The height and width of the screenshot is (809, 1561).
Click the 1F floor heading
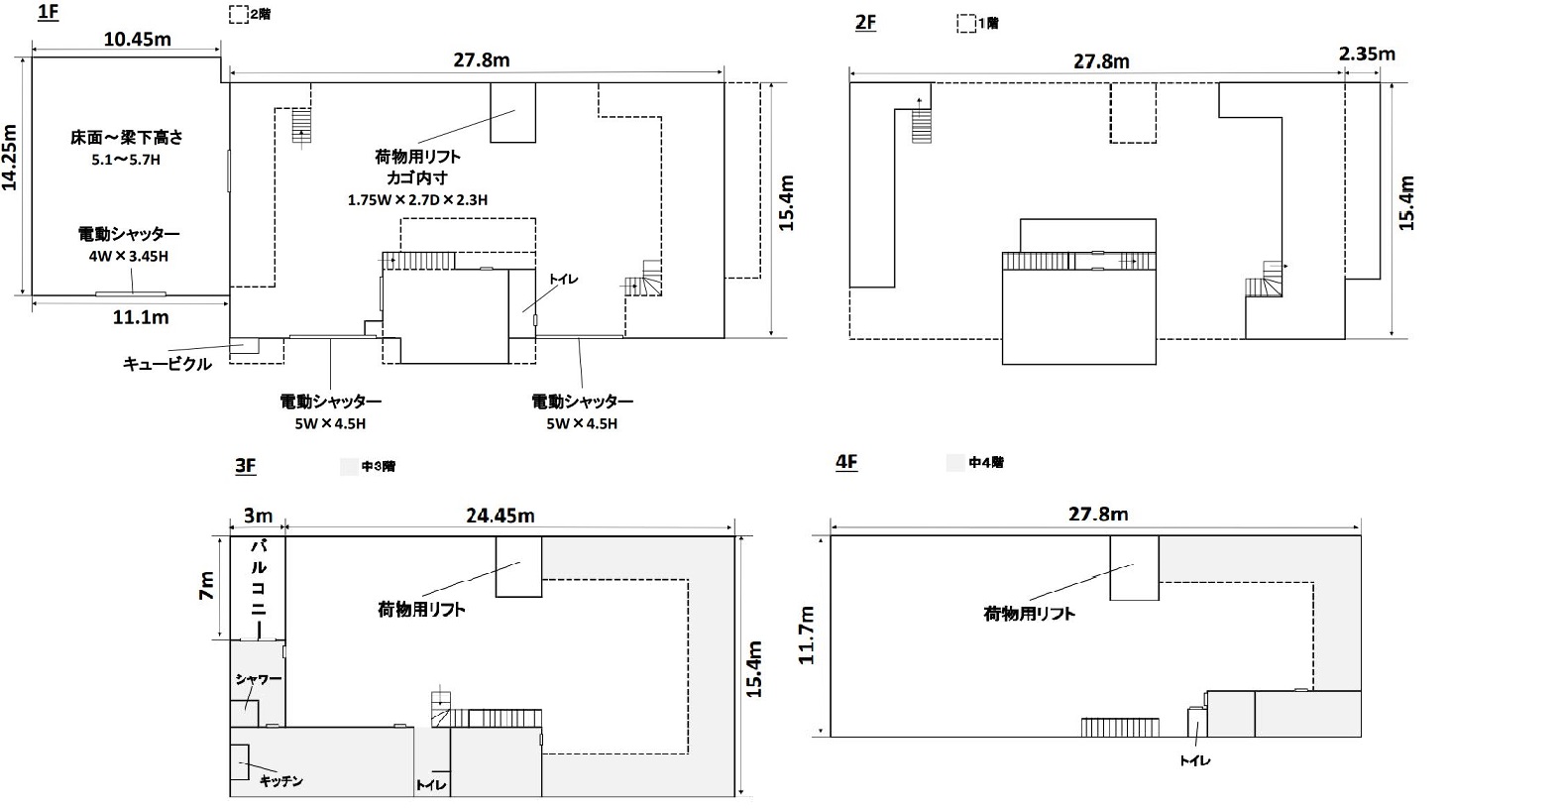[x=47, y=13]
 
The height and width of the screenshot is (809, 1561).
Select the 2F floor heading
[x=865, y=21]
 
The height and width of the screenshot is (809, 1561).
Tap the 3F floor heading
[x=246, y=465]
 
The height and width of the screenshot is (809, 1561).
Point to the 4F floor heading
[x=846, y=462]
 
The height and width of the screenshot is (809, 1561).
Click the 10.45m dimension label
[x=137, y=39]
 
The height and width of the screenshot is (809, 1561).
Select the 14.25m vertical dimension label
[x=10, y=157]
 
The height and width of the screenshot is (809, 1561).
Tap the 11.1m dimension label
[x=141, y=317]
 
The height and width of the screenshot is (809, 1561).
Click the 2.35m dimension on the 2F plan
[x=1367, y=54]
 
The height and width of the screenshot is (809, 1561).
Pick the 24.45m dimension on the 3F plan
[x=501, y=516]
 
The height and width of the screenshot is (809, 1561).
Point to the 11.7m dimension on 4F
[x=808, y=636]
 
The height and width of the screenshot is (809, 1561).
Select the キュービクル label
[x=167, y=364]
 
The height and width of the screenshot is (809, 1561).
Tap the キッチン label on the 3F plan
[x=280, y=781]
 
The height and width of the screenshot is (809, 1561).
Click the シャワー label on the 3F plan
[x=259, y=679]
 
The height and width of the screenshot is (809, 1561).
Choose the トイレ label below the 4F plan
[x=1194, y=760]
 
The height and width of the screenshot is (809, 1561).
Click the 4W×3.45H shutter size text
[x=129, y=257]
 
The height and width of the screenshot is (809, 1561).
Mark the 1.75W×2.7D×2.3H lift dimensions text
[x=417, y=199]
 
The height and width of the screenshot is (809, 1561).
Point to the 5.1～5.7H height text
[x=125, y=159]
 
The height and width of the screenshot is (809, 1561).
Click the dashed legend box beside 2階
[x=238, y=15]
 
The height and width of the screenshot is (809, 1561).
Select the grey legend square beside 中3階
[x=348, y=466]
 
